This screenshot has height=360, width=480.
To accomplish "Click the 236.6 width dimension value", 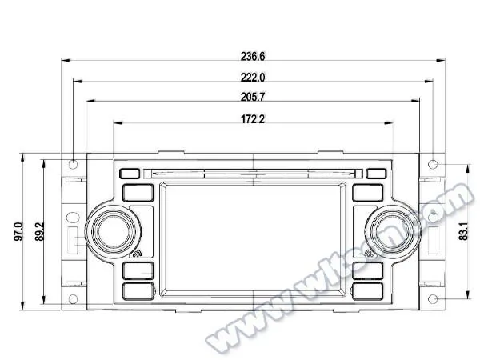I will (253, 56).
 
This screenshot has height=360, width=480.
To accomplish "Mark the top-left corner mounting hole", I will (73, 164).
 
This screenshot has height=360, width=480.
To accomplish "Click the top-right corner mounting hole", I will (433, 164).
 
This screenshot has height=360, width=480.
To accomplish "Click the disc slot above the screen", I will (253, 171).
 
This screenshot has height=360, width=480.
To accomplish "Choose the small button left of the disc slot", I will (129, 172).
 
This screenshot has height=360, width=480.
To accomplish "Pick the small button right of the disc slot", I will (376, 172).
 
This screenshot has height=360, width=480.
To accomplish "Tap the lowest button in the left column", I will (138, 291).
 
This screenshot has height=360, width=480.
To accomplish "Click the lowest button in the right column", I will (367, 291).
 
